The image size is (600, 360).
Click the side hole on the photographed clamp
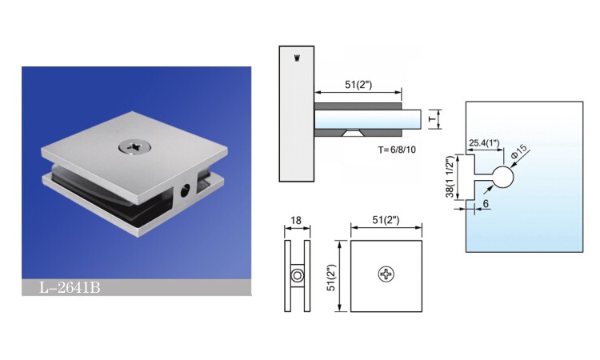(186, 190)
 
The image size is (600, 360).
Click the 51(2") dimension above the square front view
(386, 218)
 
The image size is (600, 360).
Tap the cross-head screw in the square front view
(387, 274)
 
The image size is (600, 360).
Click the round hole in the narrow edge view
(297, 275)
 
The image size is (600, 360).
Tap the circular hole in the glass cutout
(502, 178)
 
